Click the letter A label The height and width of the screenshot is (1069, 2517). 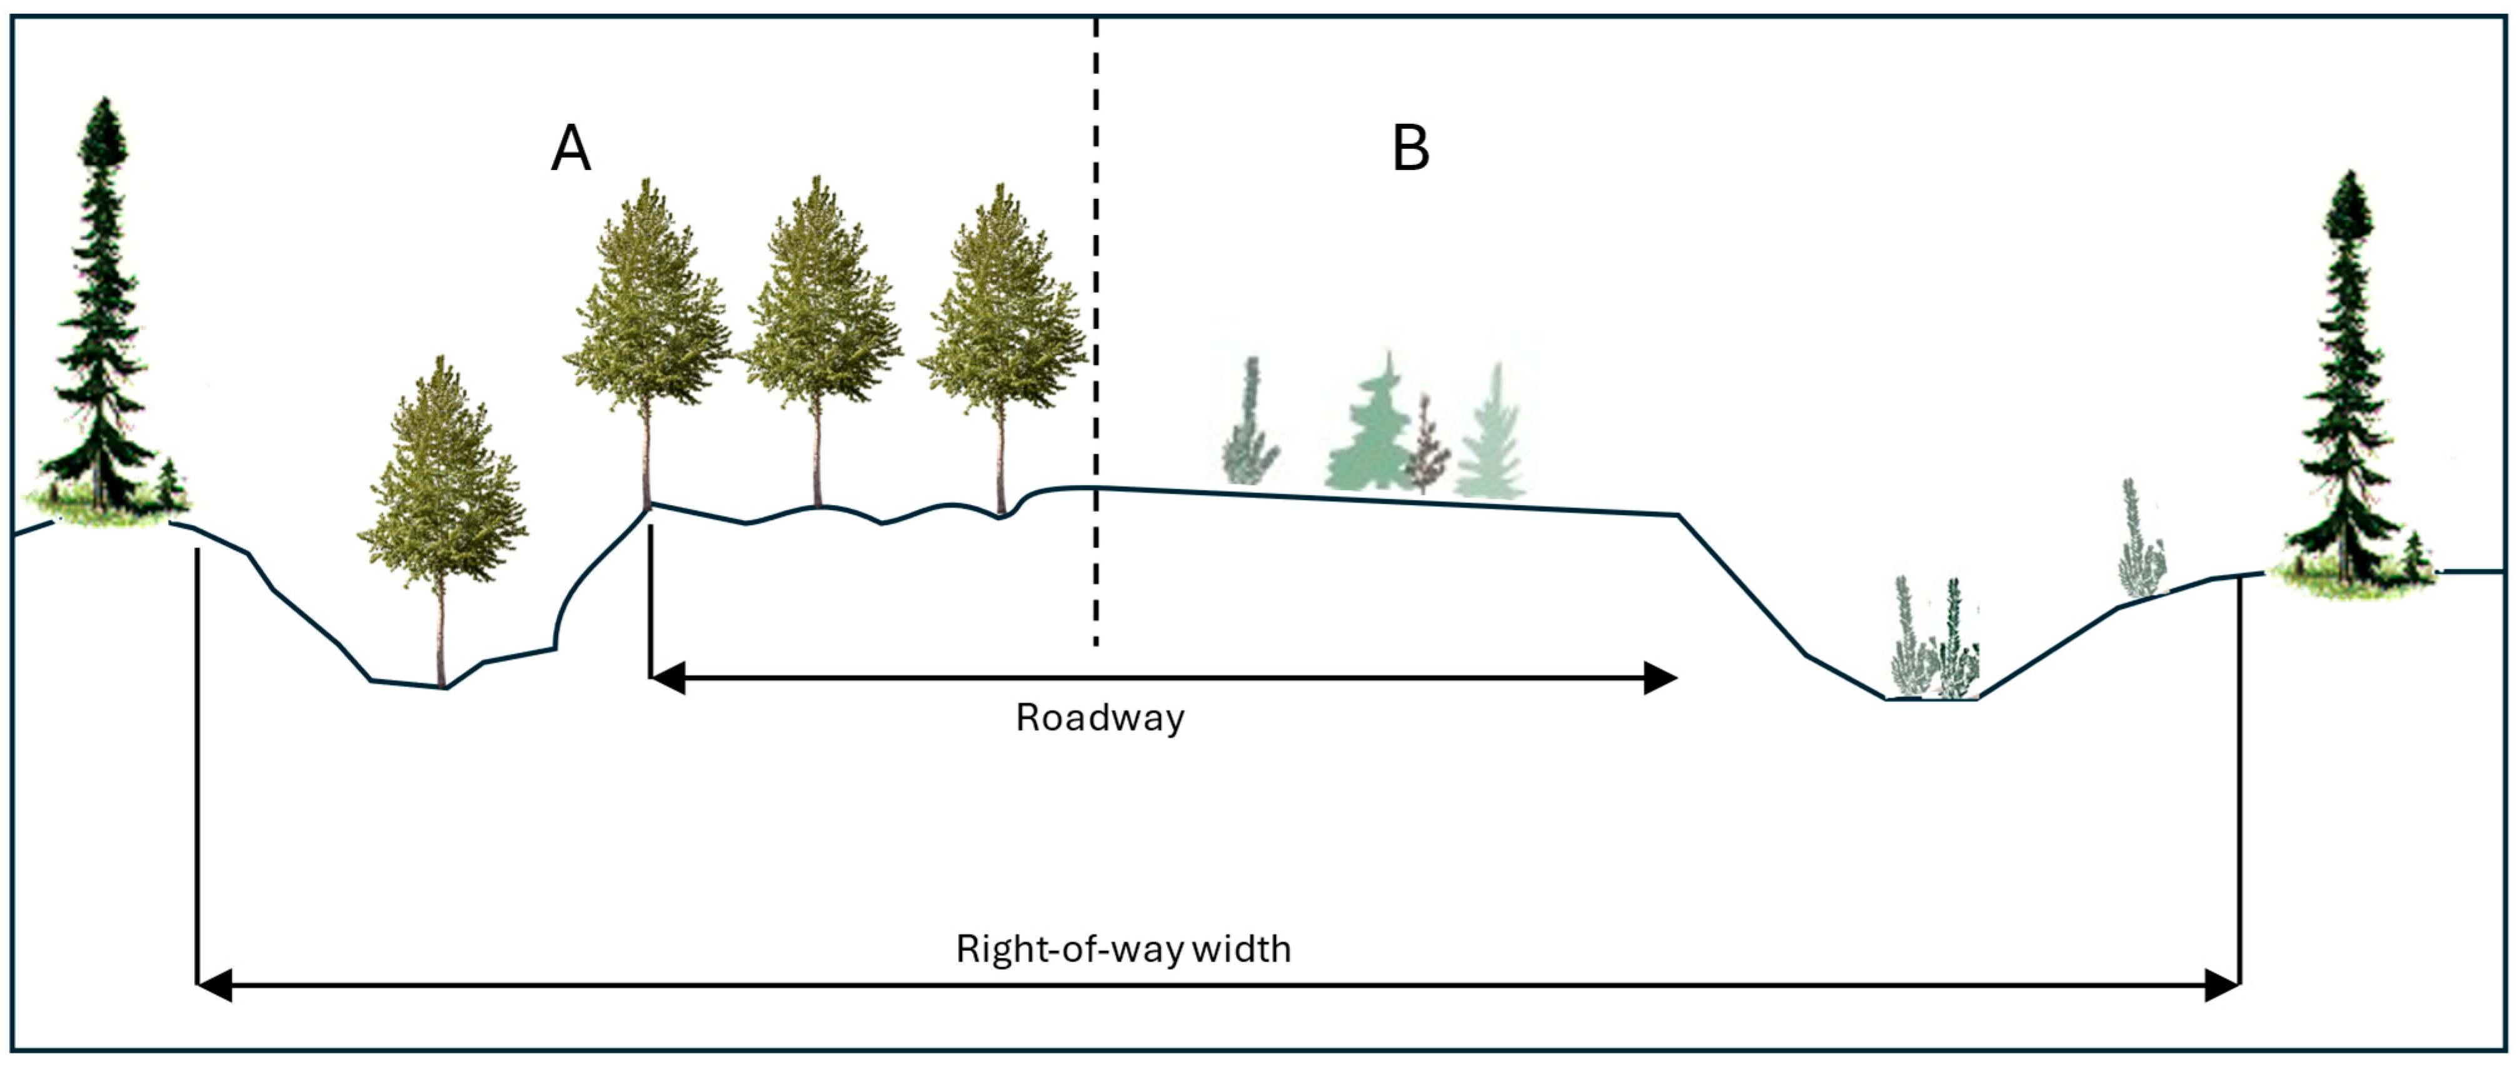tap(571, 149)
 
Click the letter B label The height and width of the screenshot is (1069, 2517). tap(1410, 149)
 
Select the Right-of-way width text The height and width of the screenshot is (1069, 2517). tap(1123, 949)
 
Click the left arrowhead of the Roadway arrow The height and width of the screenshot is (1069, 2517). tap(668, 677)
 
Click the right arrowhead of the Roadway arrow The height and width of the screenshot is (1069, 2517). tap(1660, 677)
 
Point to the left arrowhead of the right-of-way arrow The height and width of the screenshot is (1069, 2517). tap(215, 985)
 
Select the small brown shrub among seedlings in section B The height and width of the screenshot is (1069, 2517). tap(1427, 449)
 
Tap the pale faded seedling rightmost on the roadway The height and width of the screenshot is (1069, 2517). tap(1492, 439)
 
